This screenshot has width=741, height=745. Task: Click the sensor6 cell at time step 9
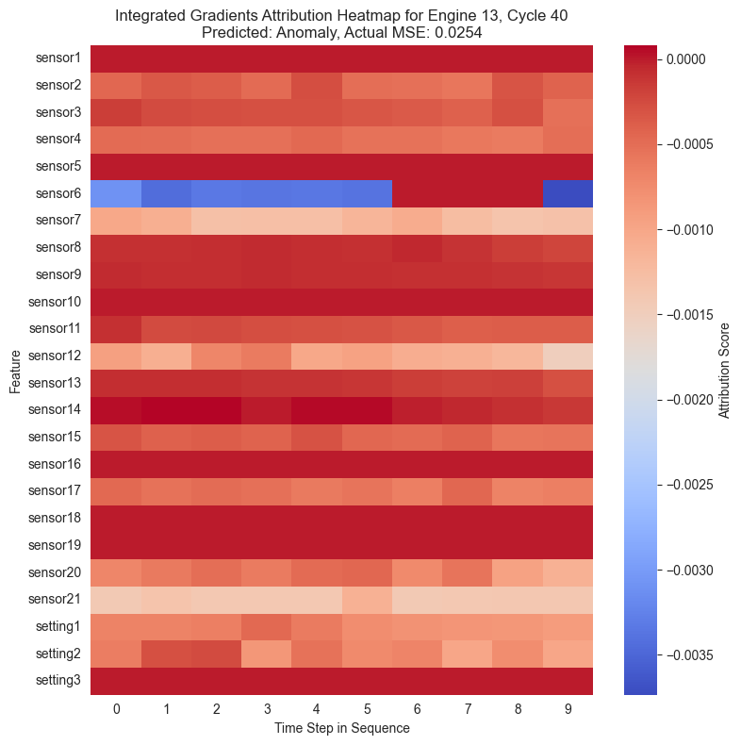click(x=568, y=194)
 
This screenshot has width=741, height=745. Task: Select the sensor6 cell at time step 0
click(x=116, y=194)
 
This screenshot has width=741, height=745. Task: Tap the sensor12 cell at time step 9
click(x=568, y=356)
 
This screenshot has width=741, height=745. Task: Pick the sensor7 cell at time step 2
click(x=217, y=221)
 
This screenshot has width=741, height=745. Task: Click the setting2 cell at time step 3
click(x=267, y=654)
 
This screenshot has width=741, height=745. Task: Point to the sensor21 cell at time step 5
click(x=367, y=600)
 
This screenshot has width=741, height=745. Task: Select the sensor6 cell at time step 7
click(x=468, y=194)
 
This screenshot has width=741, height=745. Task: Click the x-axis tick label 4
click(x=317, y=707)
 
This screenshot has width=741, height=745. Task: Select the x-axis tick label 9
click(x=568, y=707)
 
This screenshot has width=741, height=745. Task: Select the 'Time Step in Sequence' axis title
click(x=341, y=728)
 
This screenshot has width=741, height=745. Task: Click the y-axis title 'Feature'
click(x=15, y=371)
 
